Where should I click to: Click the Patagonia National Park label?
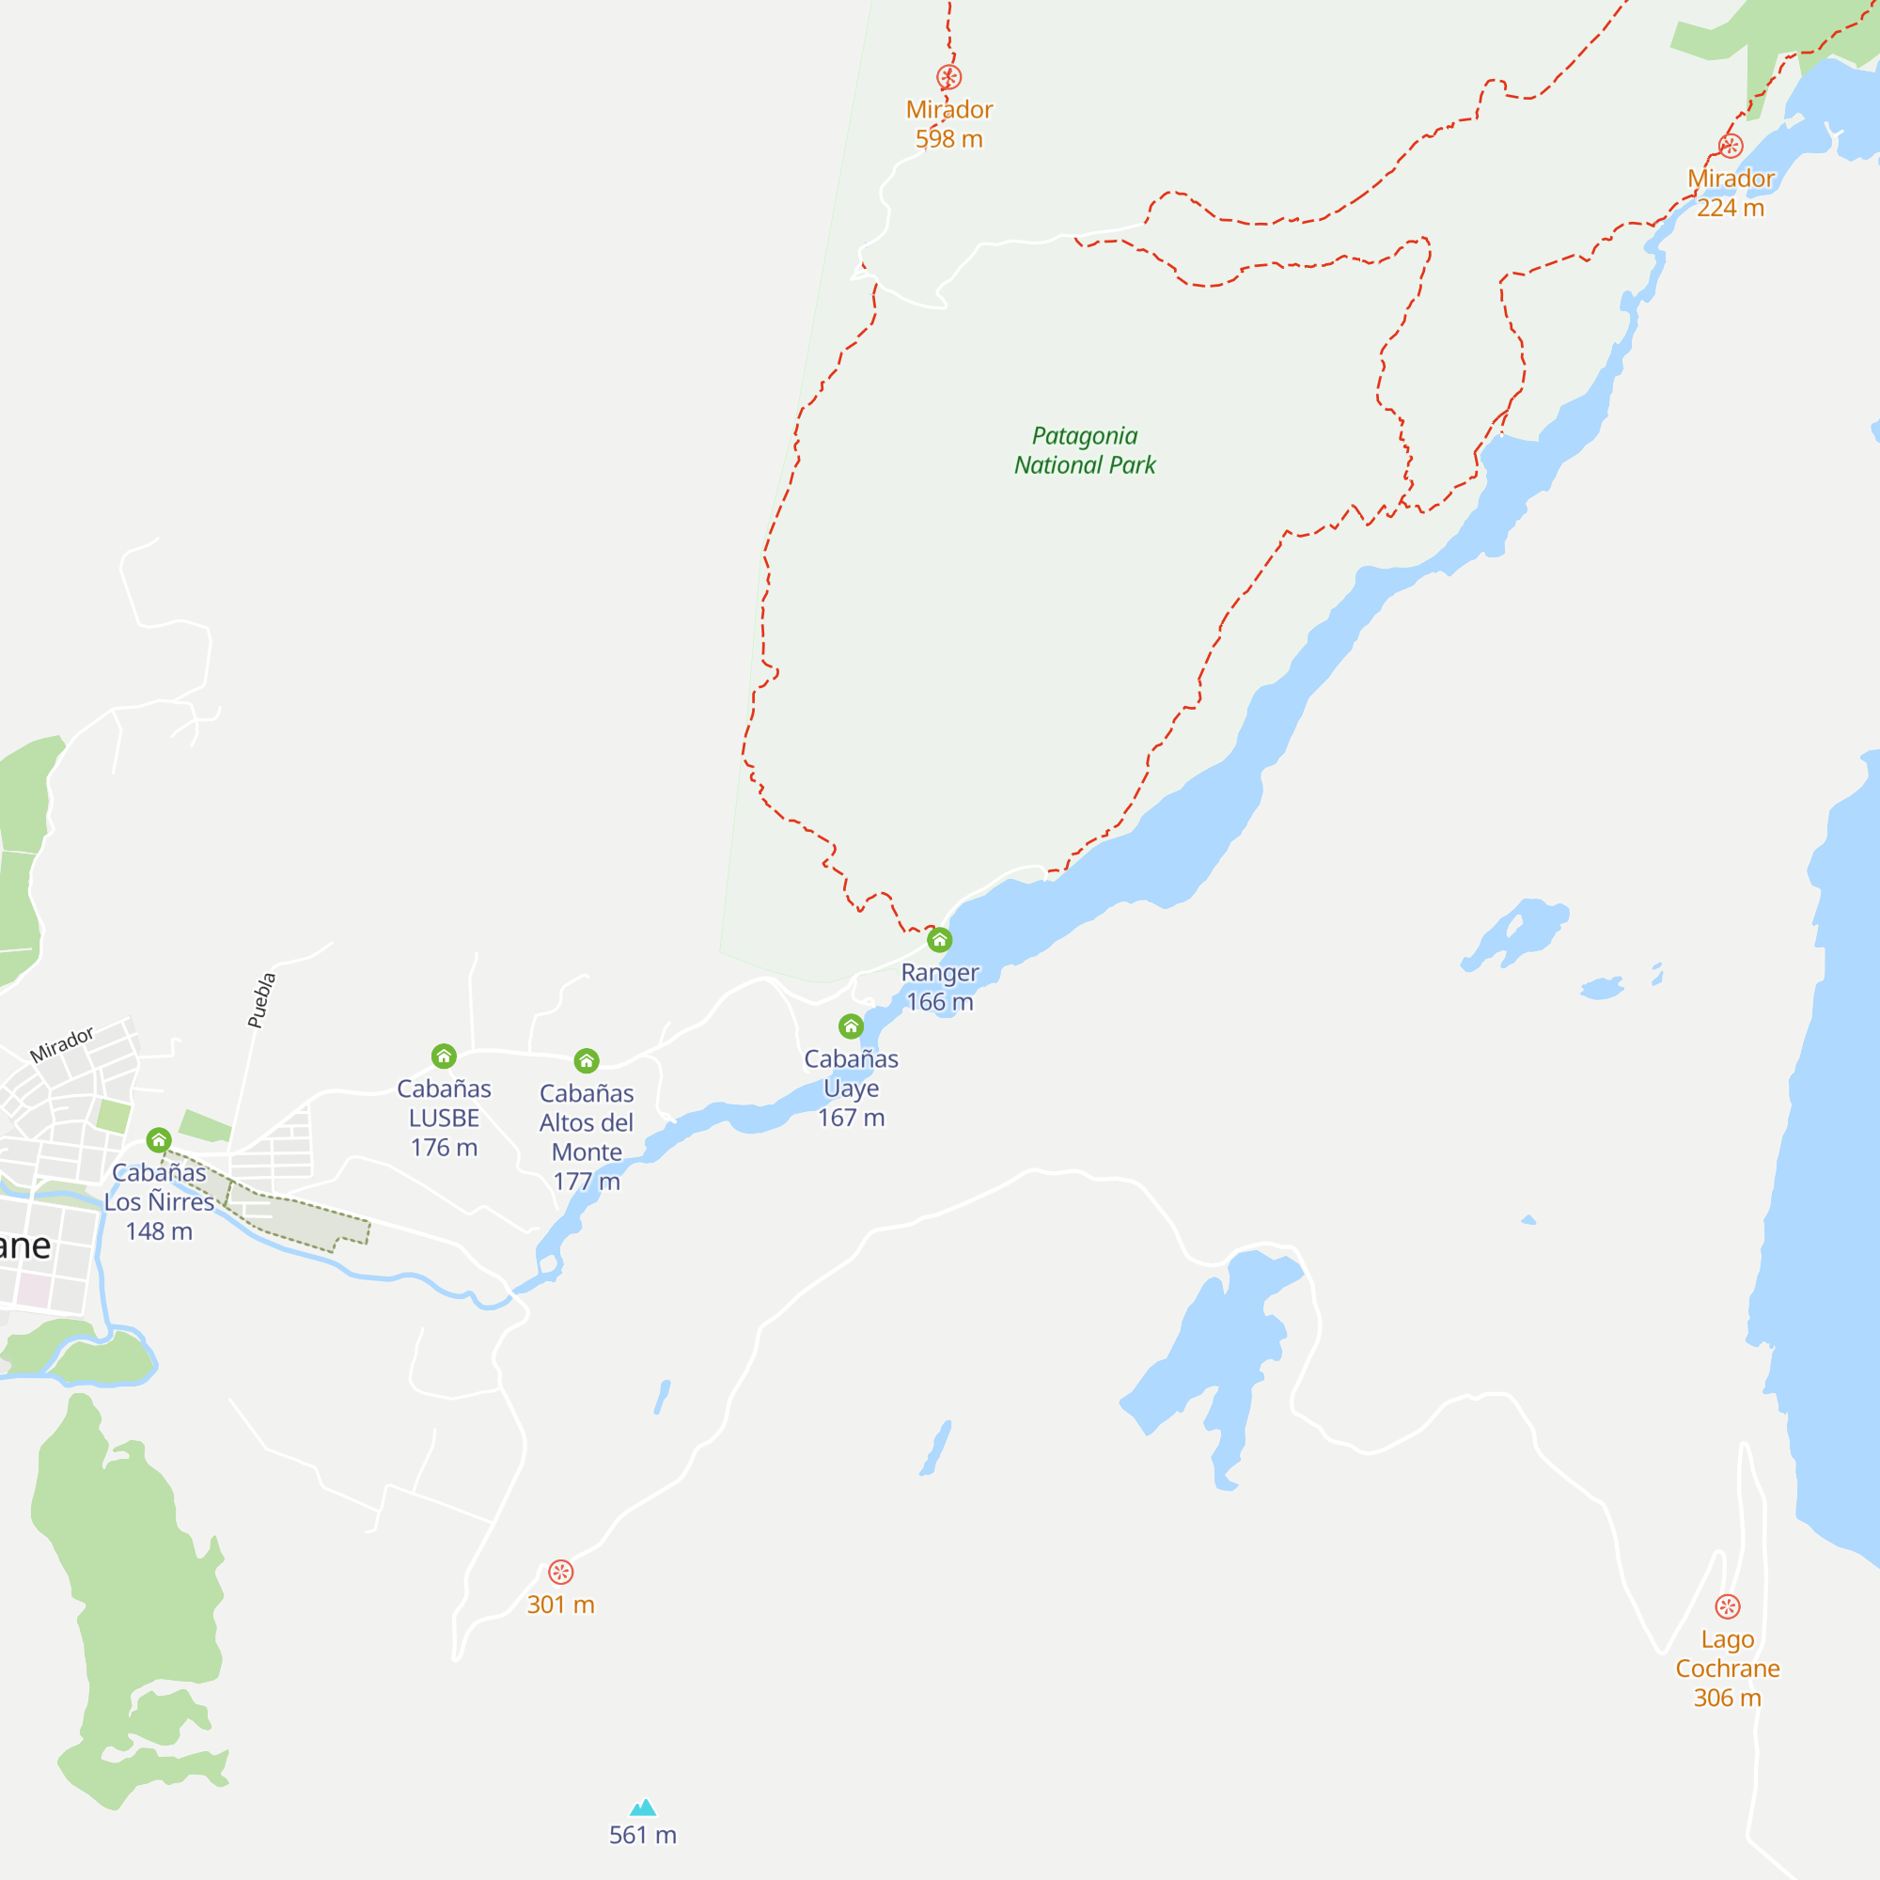pos(1084,450)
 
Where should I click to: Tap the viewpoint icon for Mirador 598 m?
pos(948,77)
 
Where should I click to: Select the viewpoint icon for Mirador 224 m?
pos(1731,146)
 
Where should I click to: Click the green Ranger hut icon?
pos(939,940)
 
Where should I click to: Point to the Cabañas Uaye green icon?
pos(851,1026)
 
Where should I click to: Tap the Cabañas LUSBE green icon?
pos(444,1057)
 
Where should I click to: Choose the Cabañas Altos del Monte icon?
pos(586,1060)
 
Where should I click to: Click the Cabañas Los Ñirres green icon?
pos(159,1140)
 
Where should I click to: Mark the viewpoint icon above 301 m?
pos(560,1573)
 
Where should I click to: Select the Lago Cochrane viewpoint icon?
pos(1727,1606)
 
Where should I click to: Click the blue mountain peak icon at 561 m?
pos(643,1808)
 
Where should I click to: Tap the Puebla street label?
pos(261,1000)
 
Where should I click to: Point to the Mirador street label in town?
pos(61,1044)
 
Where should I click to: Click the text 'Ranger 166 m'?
pos(939,987)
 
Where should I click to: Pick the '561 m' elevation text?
pos(642,1835)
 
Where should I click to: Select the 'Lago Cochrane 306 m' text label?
pos(1727,1668)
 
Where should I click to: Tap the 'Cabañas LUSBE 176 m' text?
pos(444,1118)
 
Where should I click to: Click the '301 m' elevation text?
pos(560,1606)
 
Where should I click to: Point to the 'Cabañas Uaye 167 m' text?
pos(851,1088)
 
